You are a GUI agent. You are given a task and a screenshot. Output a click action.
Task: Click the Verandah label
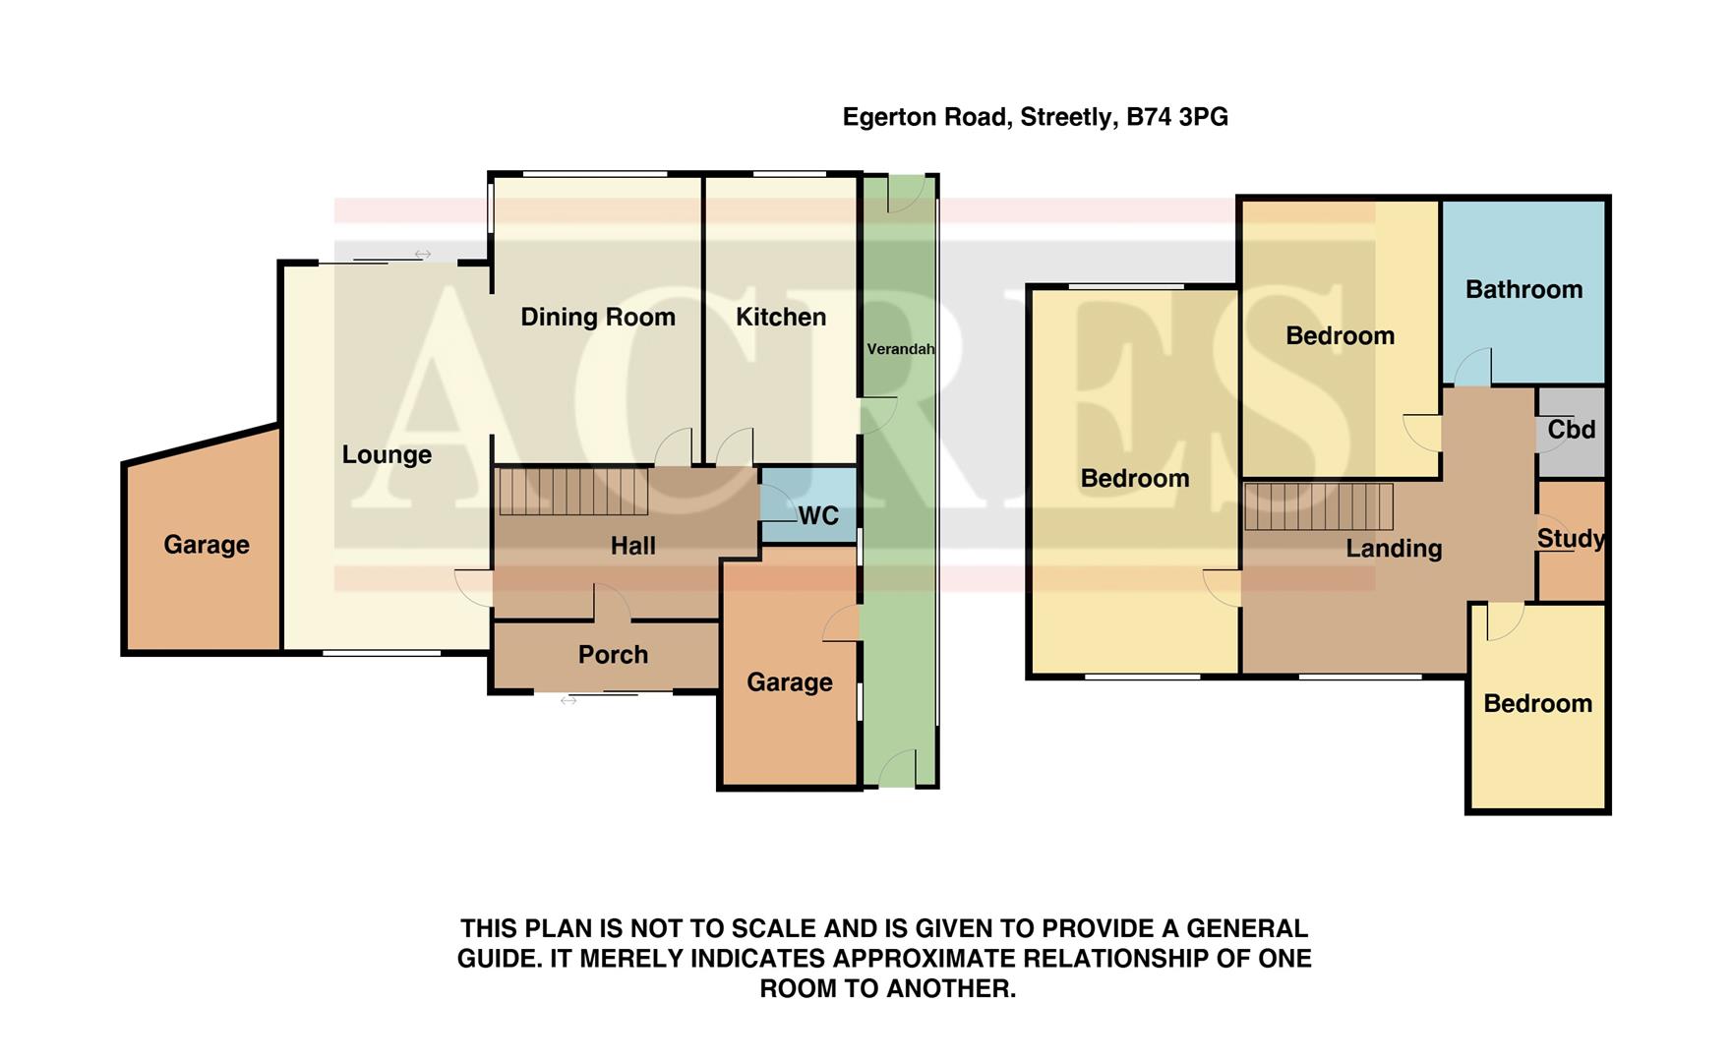click(900, 349)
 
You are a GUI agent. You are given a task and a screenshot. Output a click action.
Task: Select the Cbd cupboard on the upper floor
click(1571, 430)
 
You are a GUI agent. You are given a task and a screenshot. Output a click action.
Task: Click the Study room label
click(1571, 539)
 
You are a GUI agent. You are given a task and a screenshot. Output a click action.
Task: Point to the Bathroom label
click(1523, 289)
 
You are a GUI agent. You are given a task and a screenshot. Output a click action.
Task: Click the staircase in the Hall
click(573, 492)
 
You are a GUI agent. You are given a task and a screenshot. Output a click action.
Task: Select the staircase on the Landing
click(1318, 506)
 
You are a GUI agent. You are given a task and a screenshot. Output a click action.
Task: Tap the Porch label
click(613, 655)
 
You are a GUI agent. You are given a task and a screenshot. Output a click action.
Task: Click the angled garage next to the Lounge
click(206, 545)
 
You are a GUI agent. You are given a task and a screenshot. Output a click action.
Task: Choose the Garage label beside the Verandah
click(789, 682)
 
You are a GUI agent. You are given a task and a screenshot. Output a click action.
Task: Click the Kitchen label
click(781, 317)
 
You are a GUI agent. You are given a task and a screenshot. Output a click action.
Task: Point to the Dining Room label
click(597, 317)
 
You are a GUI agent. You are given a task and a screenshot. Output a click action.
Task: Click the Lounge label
click(387, 454)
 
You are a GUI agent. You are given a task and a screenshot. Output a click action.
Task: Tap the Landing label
click(1393, 549)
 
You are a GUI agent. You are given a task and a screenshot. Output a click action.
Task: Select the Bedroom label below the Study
click(1537, 704)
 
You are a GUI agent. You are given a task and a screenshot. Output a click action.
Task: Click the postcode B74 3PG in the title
click(1176, 117)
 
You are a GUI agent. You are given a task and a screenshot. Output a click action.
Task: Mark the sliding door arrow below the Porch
click(568, 700)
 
